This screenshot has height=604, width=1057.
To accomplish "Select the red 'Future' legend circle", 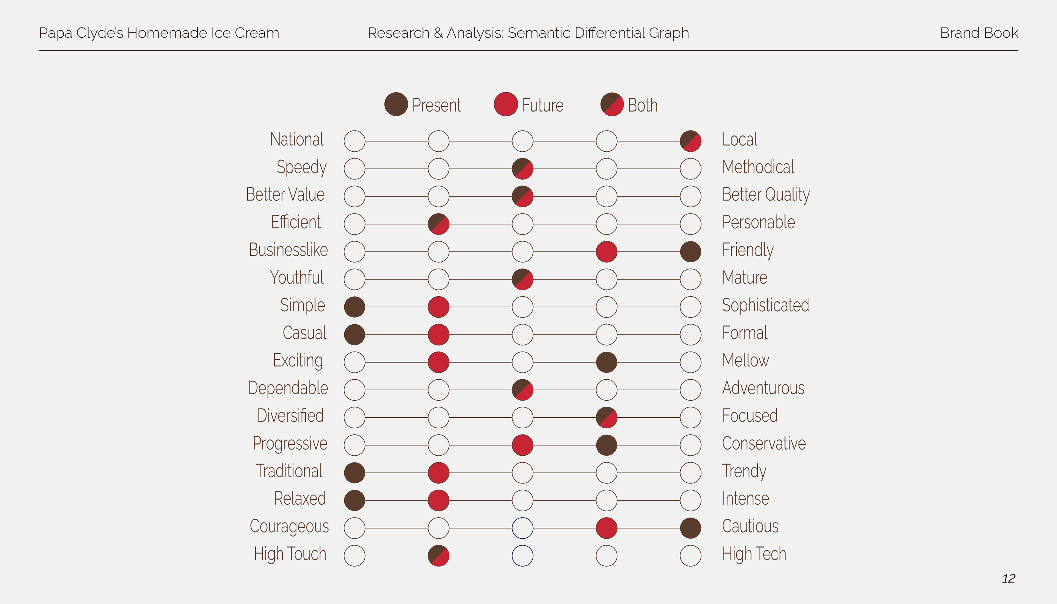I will point(505,104).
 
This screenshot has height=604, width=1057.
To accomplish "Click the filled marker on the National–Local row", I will point(690,141).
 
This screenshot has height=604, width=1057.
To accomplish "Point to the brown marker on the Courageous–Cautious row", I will point(690,528).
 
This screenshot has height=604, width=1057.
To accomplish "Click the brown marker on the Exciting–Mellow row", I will point(606,362).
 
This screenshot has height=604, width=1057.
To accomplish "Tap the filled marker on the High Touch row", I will point(438,556).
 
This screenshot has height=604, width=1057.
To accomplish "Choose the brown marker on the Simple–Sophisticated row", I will point(355,307).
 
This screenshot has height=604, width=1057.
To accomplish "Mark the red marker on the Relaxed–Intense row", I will point(438,500).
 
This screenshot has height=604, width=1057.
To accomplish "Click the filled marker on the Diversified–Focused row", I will point(606,417).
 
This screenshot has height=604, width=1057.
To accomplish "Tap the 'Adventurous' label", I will point(763,388).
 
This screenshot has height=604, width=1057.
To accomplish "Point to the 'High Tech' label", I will point(754,554).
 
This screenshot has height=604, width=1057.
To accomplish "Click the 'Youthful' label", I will point(297,277).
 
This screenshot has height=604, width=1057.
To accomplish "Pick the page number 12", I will point(1009,578).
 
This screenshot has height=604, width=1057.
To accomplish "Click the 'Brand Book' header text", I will point(979,33).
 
